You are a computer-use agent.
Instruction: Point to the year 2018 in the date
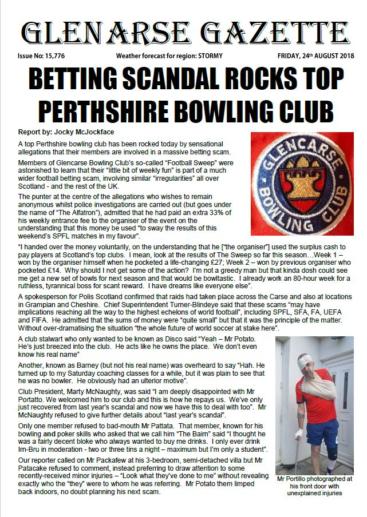345,55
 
